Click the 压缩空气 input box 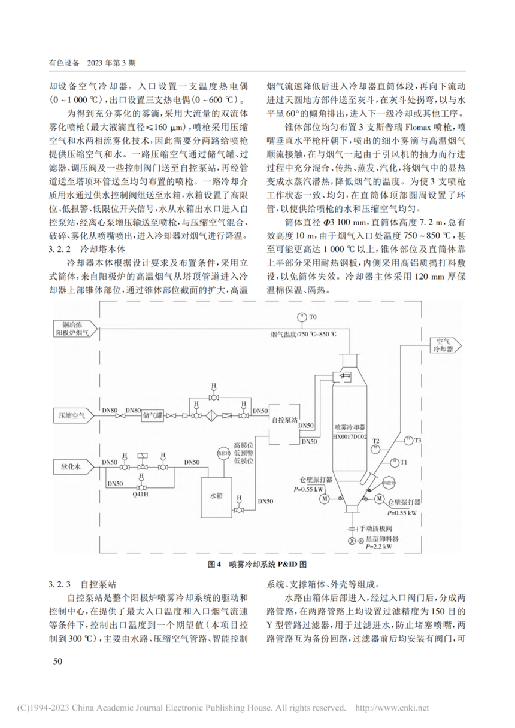click(74, 415)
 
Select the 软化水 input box click(74, 467)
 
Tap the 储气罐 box click(153, 415)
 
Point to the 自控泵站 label click(285, 420)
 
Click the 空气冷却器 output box click(446, 345)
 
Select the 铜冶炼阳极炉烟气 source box click(75, 329)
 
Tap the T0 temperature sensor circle click(302, 317)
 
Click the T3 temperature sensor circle click(408, 441)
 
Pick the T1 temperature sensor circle click(395, 462)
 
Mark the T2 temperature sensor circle click(376, 450)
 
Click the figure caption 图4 click(214, 564)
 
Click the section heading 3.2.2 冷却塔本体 click(87, 249)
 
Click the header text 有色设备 click(64, 63)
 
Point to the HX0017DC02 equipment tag click(350, 437)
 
